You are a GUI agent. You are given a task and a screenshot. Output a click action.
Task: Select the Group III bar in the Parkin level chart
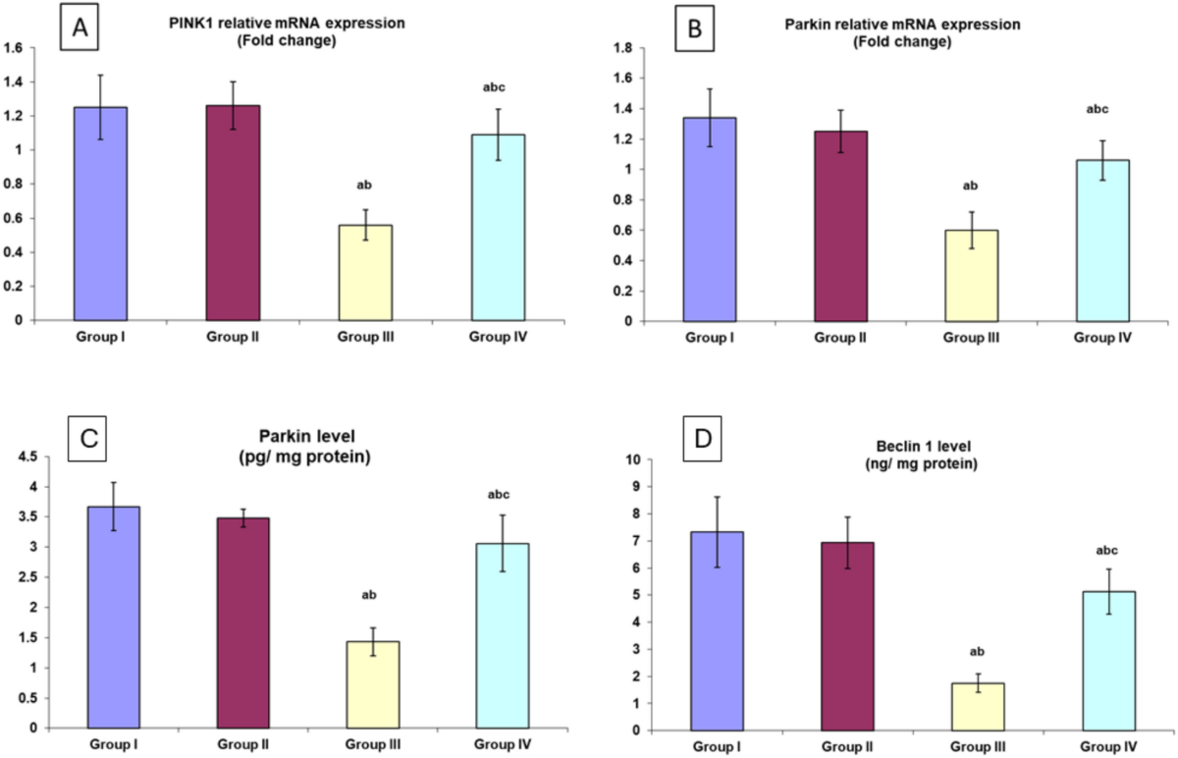tap(364, 684)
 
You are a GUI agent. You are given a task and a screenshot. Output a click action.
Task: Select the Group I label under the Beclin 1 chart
tap(723, 747)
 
